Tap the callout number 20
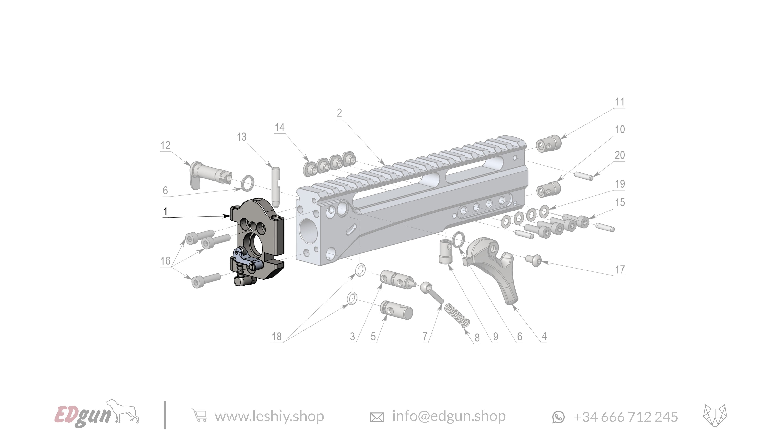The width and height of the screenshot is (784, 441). tap(620, 155)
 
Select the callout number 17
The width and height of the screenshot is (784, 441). tap(620, 270)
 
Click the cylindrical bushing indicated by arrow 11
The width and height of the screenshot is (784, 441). tap(548, 144)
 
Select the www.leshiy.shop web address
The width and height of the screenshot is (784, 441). tap(269, 416)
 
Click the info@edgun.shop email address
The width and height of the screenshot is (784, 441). tap(449, 416)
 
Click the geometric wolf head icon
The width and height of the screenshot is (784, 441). tap(715, 416)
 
